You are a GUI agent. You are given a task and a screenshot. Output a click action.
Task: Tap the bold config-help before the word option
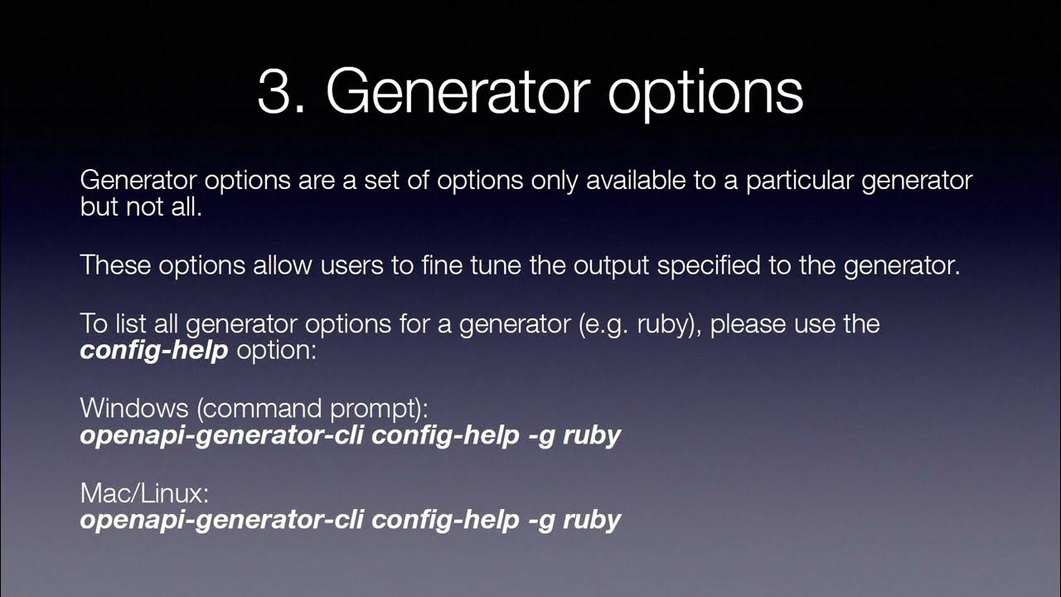coord(153,351)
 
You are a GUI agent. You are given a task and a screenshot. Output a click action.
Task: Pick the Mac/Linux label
coord(143,493)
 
